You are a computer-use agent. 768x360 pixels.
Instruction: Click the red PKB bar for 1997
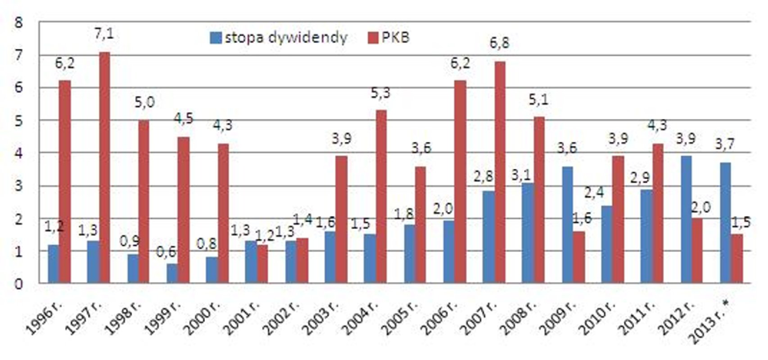(104, 167)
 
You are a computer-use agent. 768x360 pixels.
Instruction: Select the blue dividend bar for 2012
(686, 220)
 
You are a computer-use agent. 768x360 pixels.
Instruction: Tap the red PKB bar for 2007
(499, 172)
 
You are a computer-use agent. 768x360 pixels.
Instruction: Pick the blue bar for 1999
(172, 273)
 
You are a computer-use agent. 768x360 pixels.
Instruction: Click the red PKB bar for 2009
(578, 257)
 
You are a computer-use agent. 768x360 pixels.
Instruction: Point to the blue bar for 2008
(528, 233)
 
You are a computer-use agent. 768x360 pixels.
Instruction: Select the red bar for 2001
(262, 264)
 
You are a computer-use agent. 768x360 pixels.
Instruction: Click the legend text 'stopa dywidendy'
(286, 38)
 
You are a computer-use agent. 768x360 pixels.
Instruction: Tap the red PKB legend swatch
(373, 38)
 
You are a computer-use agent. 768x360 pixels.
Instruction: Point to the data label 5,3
(380, 93)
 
